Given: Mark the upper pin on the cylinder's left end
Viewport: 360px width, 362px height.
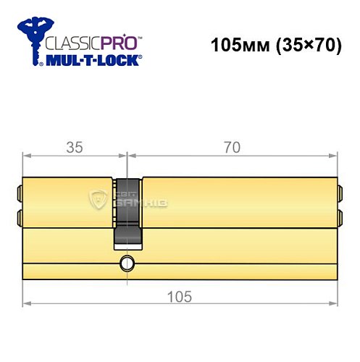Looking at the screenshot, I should (20, 193).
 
